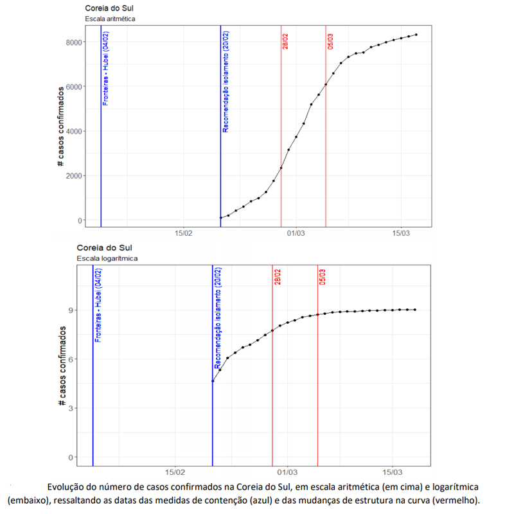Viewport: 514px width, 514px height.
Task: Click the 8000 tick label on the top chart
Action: pos(72,42)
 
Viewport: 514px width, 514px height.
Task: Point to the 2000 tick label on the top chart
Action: pos(72,176)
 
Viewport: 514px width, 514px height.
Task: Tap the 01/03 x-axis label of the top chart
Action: pos(295,234)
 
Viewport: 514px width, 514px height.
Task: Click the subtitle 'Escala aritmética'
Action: pos(110,19)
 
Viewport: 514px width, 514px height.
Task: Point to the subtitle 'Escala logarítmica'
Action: pos(107,258)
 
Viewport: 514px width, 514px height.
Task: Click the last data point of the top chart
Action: pos(416,35)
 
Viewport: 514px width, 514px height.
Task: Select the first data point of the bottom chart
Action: pos(213,382)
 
